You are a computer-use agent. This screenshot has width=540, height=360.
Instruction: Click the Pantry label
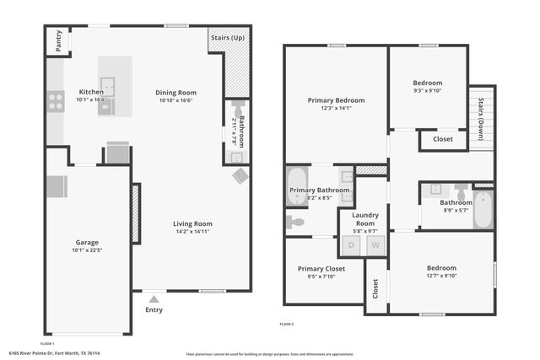(x=59, y=41)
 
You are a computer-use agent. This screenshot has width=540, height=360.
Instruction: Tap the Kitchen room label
(x=91, y=92)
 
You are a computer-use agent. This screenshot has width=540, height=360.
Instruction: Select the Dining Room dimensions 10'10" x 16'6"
(x=175, y=100)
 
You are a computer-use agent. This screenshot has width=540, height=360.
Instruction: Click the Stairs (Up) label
(x=229, y=38)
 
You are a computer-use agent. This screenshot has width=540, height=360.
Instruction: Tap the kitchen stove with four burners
(x=56, y=102)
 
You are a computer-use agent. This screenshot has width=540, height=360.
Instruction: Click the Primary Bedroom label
(x=336, y=99)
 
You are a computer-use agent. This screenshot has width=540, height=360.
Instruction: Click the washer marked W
(x=375, y=245)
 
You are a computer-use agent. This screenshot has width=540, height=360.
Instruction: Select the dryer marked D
(x=352, y=245)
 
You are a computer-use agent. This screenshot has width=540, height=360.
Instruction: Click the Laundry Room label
(x=364, y=218)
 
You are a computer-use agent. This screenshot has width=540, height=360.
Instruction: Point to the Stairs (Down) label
(x=481, y=116)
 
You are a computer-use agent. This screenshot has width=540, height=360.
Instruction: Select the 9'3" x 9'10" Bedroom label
(x=427, y=83)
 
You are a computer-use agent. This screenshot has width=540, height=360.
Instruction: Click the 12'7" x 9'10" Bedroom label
(x=440, y=268)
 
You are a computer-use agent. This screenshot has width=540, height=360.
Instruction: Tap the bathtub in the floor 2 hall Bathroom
(x=483, y=210)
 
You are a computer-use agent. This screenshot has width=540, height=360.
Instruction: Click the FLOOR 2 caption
(x=287, y=324)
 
